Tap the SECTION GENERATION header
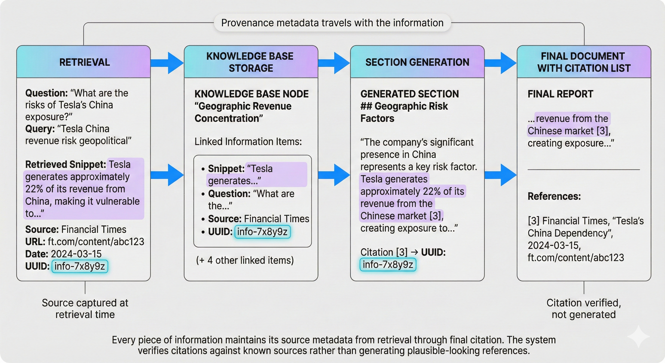pos(417,62)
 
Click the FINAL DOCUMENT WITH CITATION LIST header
pos(584,62)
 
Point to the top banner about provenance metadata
pos(332,23)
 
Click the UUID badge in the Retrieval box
pos(80,266)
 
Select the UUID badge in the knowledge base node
pos(262,232)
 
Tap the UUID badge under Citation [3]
pos(388,264)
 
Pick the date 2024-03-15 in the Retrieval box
pos(76,254)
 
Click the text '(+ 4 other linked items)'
pos(245,260)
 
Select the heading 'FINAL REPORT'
pos(560,94)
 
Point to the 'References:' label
pos(554,196)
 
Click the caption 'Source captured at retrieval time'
pos(85,308)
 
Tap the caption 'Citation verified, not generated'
pos(584,308)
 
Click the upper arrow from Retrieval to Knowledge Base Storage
pos(167,63)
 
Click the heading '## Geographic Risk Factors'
pos(404,112)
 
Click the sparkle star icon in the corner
pos(638,336)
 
